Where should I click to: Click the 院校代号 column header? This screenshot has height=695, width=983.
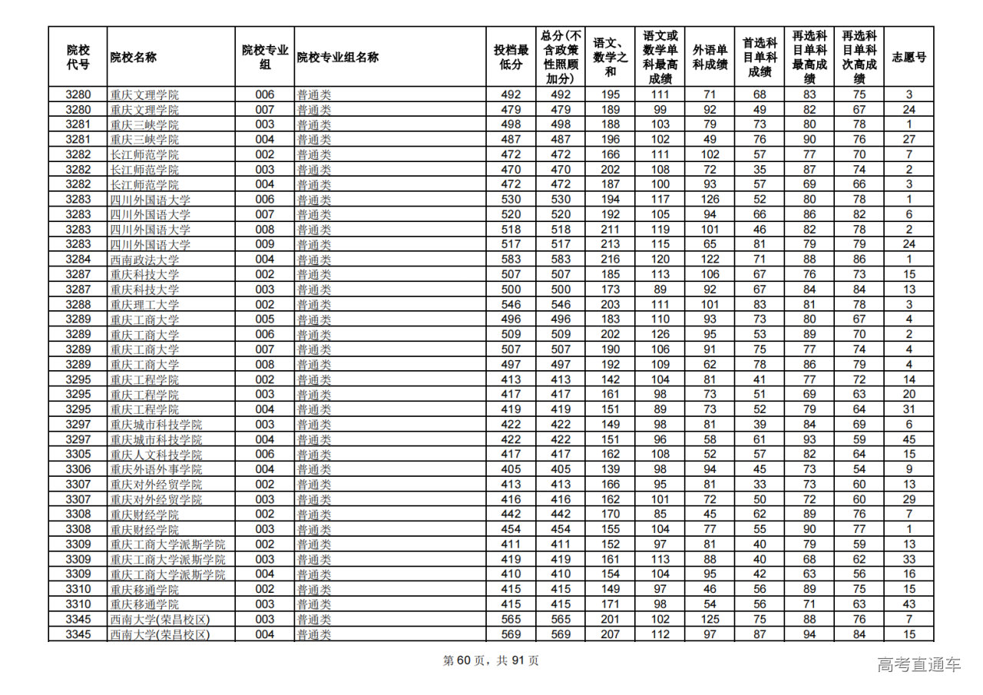(x=78, y=57)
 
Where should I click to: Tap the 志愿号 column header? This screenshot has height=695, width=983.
(x=909, y=57)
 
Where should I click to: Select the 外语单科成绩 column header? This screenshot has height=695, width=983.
(x=710, y=57)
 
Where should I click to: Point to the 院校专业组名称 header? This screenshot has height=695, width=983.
(x=338, y=57)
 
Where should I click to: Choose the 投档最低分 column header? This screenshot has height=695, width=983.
(x=511, y=57)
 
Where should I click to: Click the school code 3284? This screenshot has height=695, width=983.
(x=78, y=260)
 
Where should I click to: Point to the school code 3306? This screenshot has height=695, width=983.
(x=78, y=469)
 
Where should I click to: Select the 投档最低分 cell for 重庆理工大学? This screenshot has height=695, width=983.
(x=511, y=305)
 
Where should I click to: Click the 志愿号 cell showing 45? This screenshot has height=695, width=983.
(x=909, y=439)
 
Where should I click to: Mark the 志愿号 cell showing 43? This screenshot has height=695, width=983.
(x=909, y=604)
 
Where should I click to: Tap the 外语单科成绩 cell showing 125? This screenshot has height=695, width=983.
(x=710, y=619)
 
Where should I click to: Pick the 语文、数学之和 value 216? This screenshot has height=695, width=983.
(x=611, y=260)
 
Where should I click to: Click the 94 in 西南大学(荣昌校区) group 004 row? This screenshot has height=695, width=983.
(x=809, y=634)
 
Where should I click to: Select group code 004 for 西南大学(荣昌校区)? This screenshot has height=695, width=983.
(x=264, y=634)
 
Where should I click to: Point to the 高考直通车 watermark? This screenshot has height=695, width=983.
(x=918, y=664)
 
